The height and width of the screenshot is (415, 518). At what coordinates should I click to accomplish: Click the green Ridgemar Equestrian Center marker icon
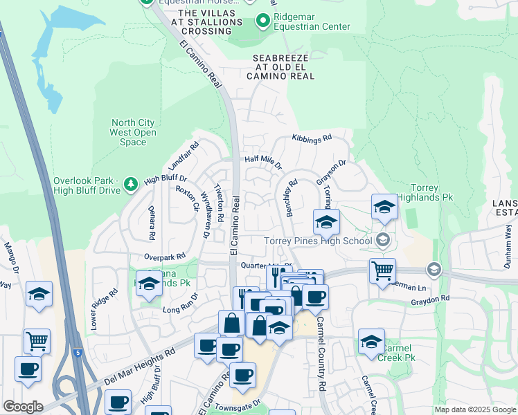pos(262,21)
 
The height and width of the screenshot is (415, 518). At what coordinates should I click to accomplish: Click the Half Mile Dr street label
pos(263,162)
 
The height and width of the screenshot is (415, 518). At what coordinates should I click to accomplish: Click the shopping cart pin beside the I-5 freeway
pos(37,340)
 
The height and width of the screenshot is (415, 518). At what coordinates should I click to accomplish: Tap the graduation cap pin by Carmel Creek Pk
pos(371,341)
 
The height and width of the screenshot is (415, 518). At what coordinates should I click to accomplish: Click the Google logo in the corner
pos(22,407)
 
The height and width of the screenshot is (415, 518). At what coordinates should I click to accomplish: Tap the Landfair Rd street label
pos(184,157)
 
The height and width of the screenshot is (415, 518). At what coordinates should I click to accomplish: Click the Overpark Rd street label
pos(165,256)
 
